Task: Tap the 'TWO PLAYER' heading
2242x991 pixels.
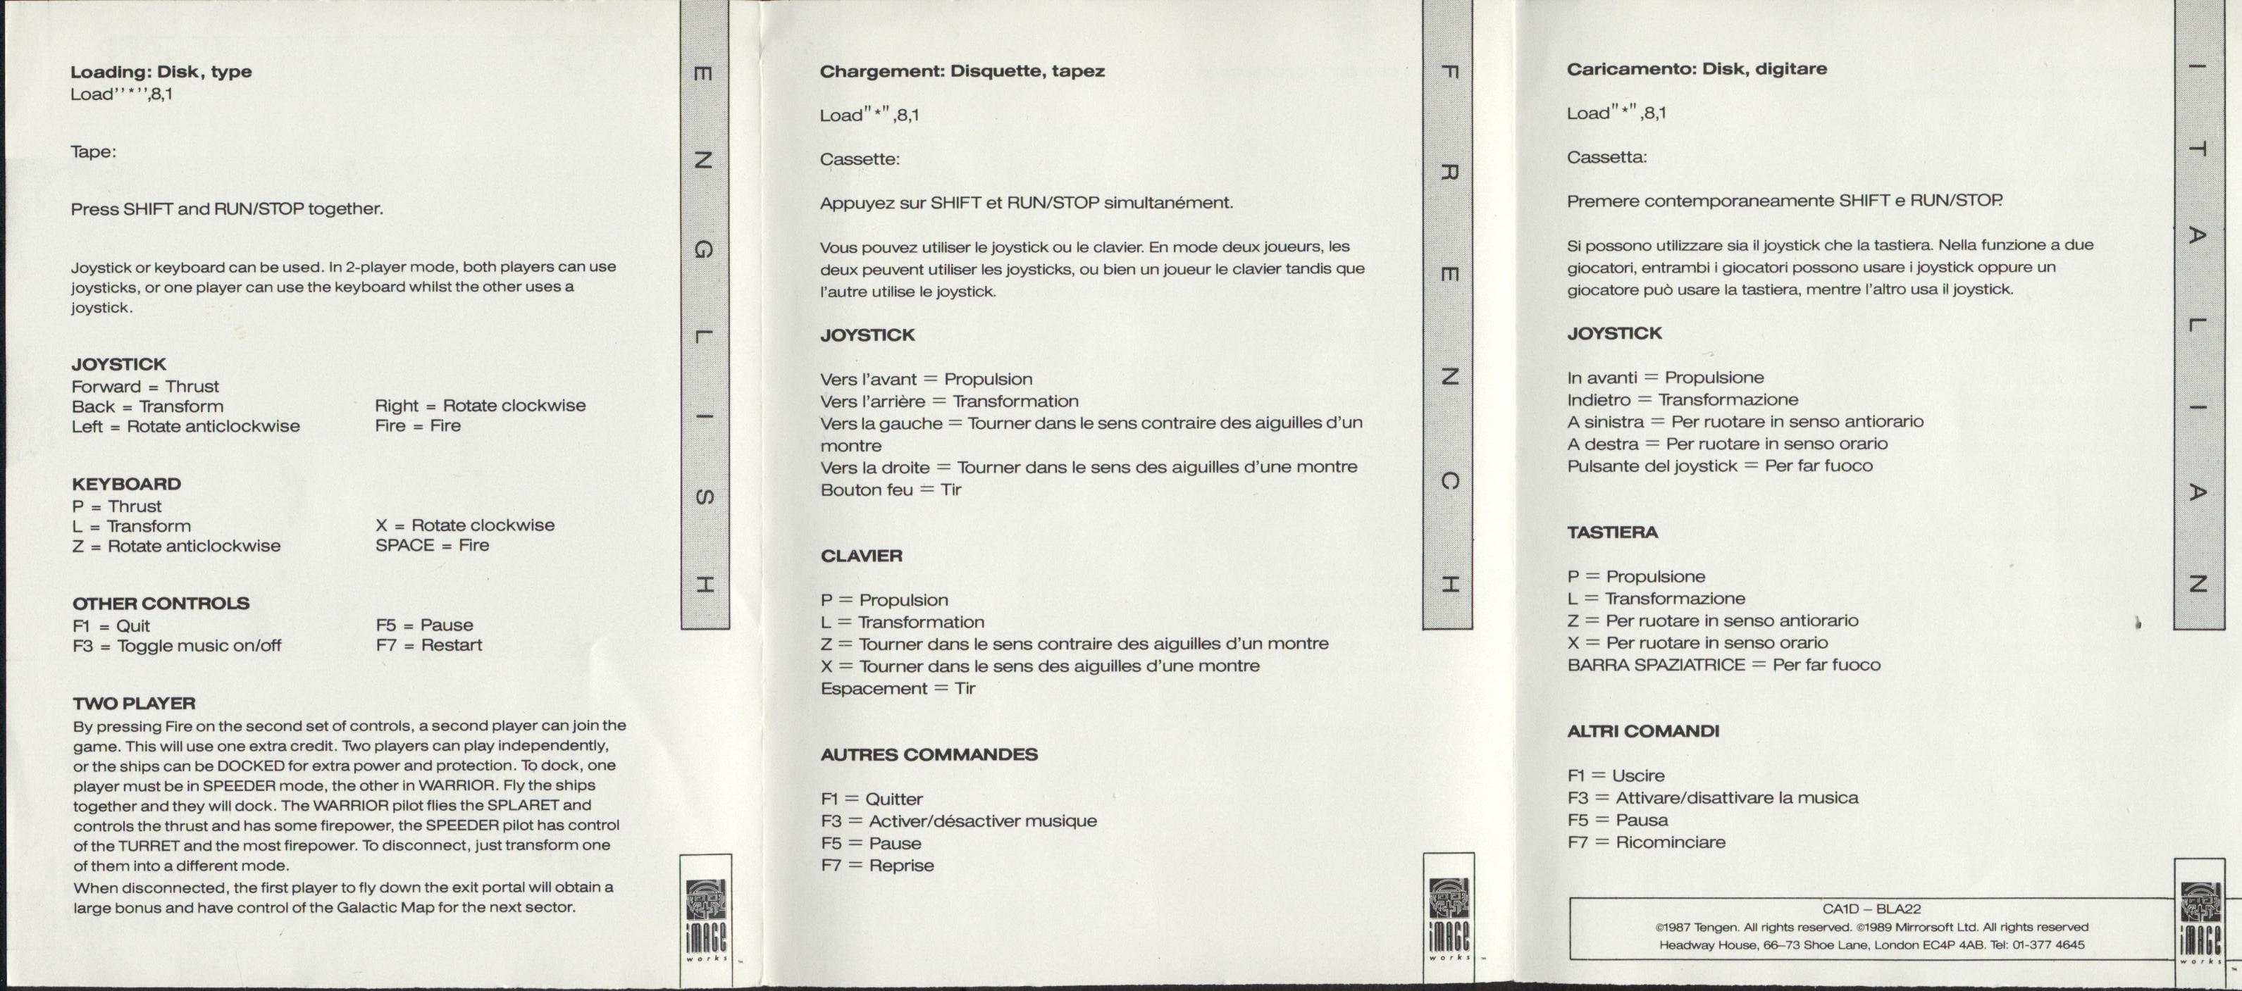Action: (x=134, y=703)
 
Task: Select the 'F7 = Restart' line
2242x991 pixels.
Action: (x=428, y=644)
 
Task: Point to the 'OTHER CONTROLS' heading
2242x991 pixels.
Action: (x=161, y=603)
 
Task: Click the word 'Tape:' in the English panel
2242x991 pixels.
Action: (x=93, y=151)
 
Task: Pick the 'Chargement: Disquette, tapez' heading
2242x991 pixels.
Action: (x=962, y=71)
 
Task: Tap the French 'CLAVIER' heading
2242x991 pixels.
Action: (x=861, y=556)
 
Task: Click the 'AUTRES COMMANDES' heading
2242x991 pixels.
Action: (x=929, y=754)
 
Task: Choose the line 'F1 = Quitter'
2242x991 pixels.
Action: (x=871, y=799)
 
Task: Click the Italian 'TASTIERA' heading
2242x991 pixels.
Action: (x=1612, y=532)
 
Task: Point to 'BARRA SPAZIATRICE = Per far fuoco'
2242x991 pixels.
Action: (x=1723, y=665)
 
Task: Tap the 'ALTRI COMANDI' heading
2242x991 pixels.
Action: (x=1642, y=731)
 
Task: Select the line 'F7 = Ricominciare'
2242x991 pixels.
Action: (x=1646, y=842)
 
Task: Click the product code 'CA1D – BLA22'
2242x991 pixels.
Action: (x=1871, y=909)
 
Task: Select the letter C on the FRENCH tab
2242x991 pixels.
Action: (x=1447, y=481)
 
